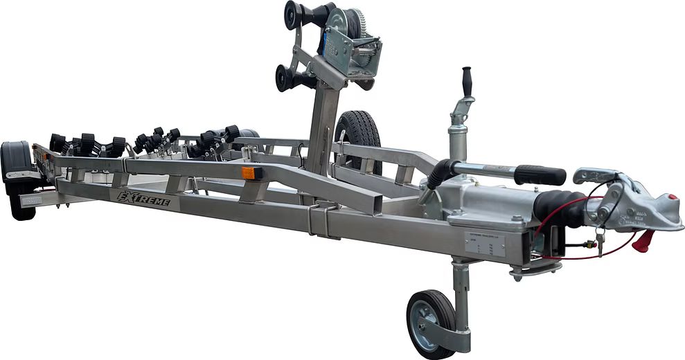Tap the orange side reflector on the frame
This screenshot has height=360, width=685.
(x=249, y=173)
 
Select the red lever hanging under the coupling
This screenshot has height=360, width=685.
(x=644, y=241)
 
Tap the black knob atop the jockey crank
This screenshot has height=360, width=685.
(x=467, y=80)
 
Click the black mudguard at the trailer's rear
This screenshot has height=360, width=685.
(x=16, y=163)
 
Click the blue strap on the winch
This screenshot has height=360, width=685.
(x=323, y=42)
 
